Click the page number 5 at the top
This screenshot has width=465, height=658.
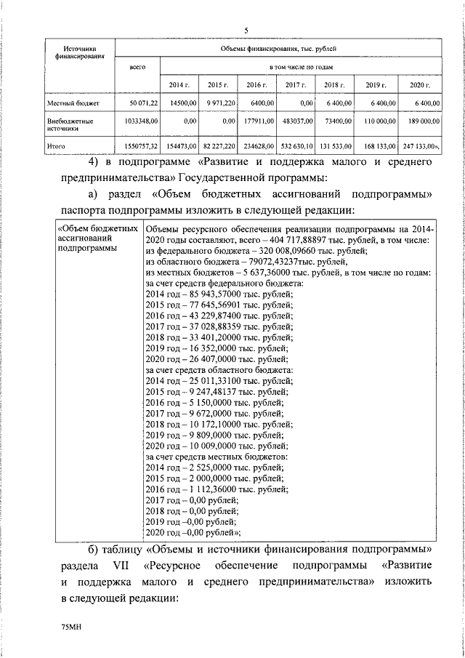pos(246,31)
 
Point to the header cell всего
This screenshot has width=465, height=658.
pos(137,68)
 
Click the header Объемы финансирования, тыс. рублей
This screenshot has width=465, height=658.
pos(280,49)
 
